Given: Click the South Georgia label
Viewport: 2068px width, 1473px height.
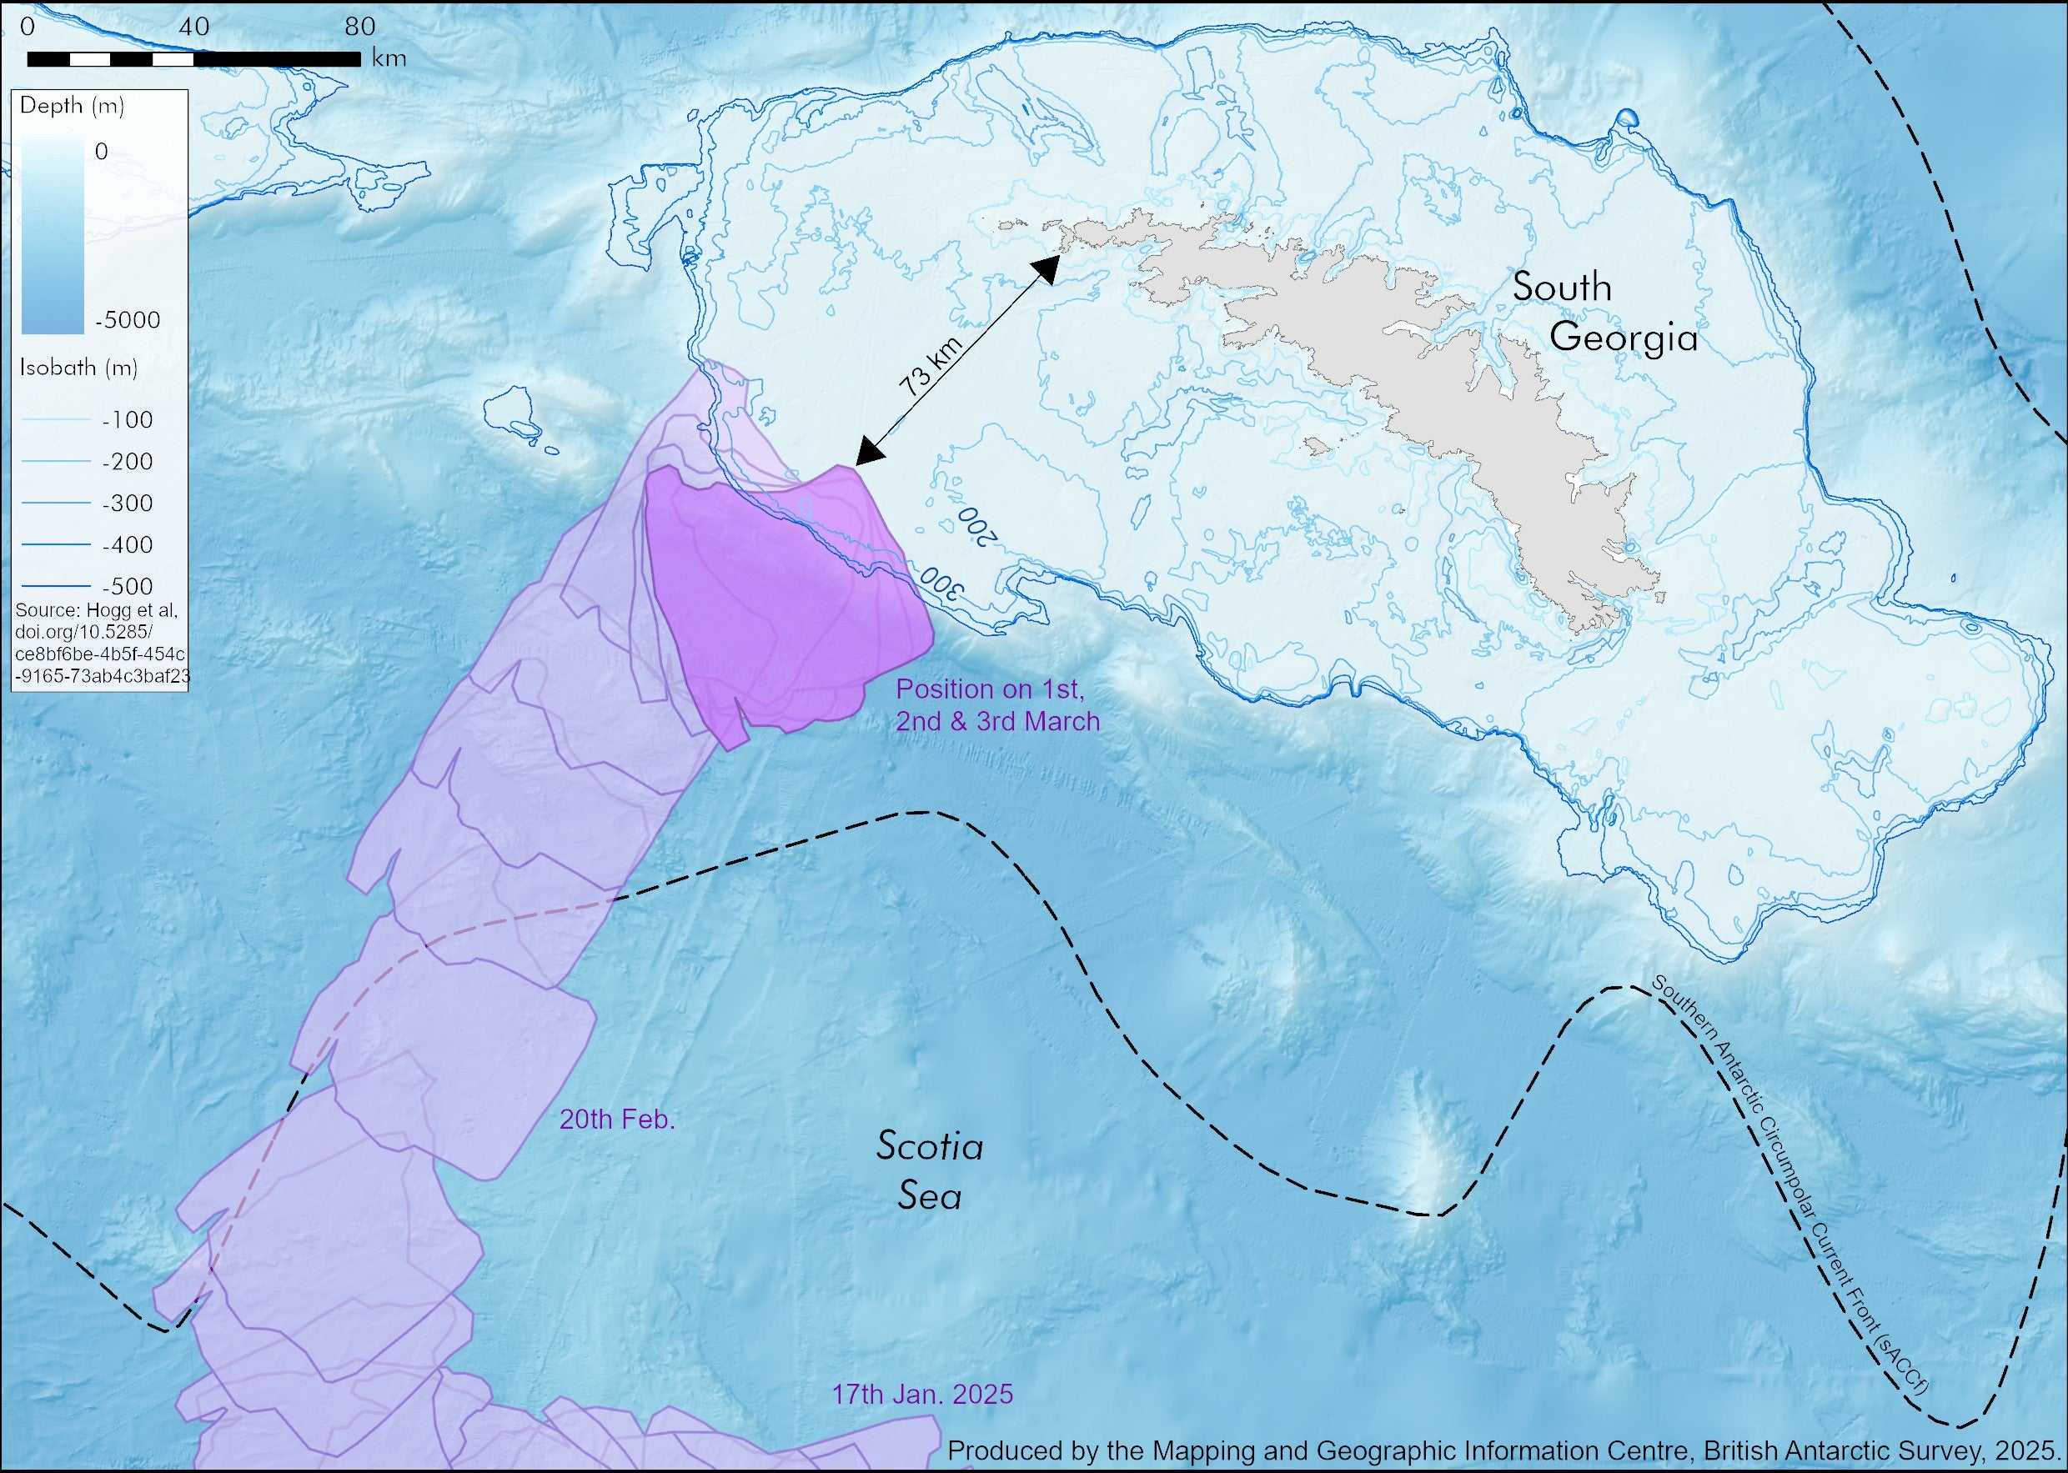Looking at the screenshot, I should point(1604,313).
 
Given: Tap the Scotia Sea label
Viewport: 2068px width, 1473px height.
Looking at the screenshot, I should point(930,1171).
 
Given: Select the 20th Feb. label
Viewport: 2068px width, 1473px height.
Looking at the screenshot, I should point(617,1120).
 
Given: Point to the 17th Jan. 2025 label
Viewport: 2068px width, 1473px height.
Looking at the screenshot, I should point(921,1394).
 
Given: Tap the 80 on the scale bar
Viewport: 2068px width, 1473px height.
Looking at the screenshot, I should point(360,28).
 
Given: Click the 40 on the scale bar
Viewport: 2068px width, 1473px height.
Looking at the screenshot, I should point(193,28).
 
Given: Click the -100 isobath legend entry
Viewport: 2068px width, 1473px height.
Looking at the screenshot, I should point(127,420).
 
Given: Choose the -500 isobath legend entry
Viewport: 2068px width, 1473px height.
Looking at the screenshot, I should point(127,586).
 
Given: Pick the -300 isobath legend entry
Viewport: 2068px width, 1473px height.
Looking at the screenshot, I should point(127,504).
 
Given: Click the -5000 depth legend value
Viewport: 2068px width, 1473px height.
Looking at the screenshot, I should point(127,320).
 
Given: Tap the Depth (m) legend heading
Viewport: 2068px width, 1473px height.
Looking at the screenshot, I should point(72,106).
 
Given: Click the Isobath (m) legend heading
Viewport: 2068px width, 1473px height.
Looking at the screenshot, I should point(78,368).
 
